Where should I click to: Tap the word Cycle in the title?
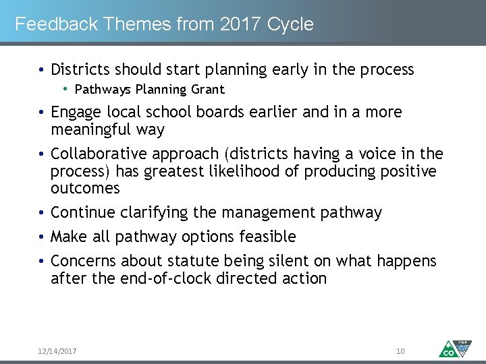pyautogui.click(x=290, y=24)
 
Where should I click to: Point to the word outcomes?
pyautogui.click(x=85, y=188)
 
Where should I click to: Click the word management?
pyautogui.click(x=268, y=213)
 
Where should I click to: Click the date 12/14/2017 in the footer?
pyautogui.click(x=57, y=351)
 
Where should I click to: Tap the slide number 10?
pyautogui.click(x=400, y=351)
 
